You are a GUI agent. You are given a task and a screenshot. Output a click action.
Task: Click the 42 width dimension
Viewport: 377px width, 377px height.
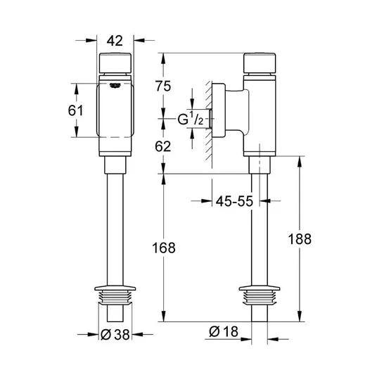click(115, 41)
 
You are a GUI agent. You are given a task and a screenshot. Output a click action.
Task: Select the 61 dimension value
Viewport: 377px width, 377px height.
click(75, 110)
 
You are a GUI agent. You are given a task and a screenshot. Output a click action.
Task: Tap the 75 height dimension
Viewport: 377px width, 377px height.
click(163, 86)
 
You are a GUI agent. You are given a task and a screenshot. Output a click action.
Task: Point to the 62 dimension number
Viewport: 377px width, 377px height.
click(162, 146)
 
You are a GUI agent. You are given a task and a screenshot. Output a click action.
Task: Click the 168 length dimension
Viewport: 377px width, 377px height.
click(164, 248)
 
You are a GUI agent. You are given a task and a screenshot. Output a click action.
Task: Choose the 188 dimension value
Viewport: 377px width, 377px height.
click(300, 239)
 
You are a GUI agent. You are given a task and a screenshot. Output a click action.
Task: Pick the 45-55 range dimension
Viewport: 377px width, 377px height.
click(234, 201)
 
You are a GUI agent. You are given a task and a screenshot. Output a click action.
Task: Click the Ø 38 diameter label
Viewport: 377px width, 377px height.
click(115, 334)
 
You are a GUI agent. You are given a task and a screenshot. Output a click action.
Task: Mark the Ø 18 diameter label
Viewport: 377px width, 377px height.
click(224, 331)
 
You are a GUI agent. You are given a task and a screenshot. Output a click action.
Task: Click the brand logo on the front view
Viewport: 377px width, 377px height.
click(115, 85)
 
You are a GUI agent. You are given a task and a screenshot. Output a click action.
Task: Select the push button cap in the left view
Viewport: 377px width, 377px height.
click(115, 63)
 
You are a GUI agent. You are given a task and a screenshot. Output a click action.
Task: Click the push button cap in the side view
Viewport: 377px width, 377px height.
click(260, 63)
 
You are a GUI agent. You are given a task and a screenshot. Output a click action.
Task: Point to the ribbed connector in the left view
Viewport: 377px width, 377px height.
click(115, 298)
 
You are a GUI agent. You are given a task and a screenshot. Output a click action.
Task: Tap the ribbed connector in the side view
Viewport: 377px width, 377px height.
click(260, 298)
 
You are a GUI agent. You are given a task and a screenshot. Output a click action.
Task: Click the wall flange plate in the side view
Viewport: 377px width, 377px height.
click(219, 110)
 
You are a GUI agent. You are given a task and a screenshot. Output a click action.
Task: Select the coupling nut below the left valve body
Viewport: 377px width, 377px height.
click(115, 165)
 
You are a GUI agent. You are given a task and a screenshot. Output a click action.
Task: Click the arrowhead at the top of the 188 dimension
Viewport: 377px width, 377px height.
click(300, 161)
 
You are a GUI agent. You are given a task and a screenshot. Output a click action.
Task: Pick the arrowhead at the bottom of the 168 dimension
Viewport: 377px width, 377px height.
click(163, 317)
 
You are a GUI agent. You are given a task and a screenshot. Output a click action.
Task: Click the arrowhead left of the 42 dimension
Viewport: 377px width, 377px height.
click(91, 40)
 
